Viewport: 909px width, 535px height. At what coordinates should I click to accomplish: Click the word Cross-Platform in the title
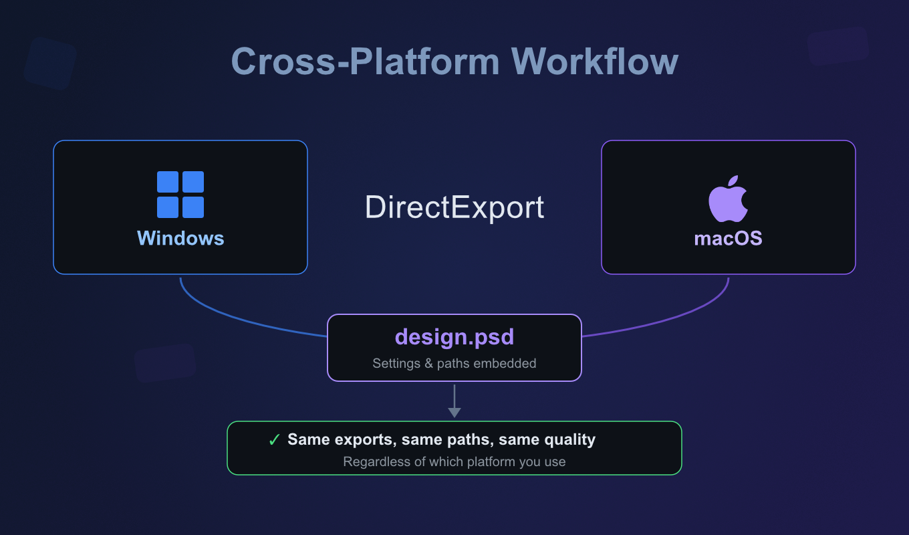point(365,62)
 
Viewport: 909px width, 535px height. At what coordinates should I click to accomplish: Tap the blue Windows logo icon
point(180,195)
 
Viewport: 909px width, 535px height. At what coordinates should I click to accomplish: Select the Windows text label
point(180,238)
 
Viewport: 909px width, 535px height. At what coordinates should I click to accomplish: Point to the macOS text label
point(728,238)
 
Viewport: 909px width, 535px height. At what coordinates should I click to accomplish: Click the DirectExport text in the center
point(454,207)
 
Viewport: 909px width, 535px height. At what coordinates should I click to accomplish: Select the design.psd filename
point(454,336)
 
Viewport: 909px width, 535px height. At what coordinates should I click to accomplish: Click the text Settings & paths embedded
point(454,364)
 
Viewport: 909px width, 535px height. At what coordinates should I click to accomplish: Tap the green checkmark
point(273,440)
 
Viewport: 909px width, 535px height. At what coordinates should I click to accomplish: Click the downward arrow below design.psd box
point(454,401)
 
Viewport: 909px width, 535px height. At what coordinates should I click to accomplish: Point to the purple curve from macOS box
point(682,316)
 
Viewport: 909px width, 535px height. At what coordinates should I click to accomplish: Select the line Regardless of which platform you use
point(454,462)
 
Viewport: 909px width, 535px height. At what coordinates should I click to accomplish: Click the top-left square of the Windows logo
point(168,182)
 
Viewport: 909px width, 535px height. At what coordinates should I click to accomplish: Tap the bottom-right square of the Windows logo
point(193,207)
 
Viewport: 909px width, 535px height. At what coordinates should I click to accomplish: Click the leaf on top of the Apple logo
point(733,181)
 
